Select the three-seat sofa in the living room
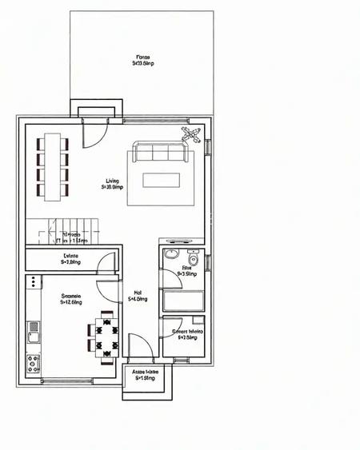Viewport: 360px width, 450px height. coord(162,153)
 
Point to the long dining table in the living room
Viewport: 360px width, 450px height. coord(53,166)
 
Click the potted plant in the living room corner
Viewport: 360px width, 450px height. coord(191,134)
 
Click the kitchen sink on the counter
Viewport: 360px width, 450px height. coord(34,327)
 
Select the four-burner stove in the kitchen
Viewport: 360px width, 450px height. coord(34,364)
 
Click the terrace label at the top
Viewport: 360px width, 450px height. coord(143,60)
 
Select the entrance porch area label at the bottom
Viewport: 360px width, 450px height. coord(144,376)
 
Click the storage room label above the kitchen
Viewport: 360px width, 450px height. coord(70,258)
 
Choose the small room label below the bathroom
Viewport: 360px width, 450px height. coord(182,334)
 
